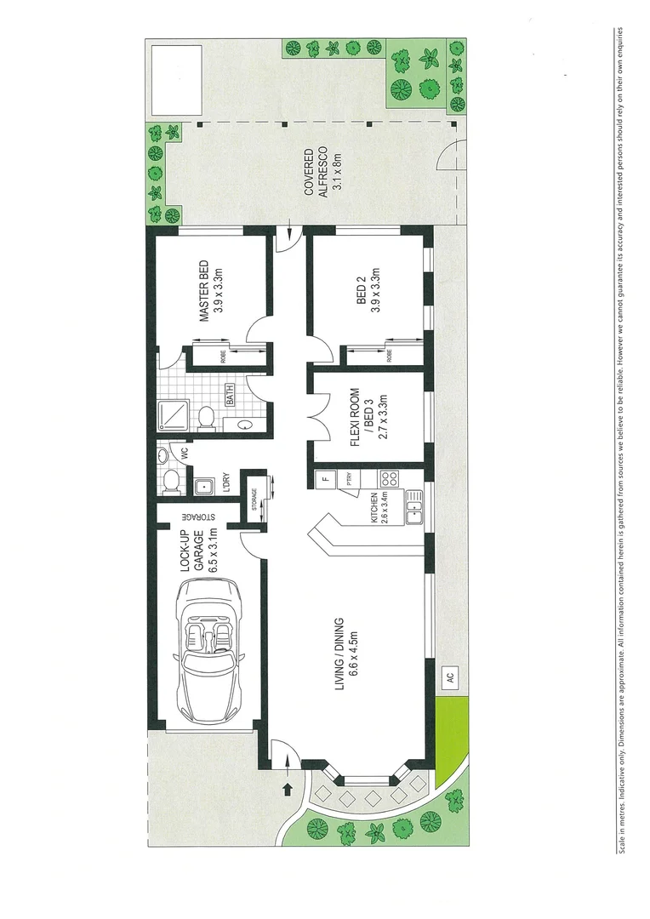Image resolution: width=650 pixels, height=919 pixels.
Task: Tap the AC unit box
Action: tap(449, 679)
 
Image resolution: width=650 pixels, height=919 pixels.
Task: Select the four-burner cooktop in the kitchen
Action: tap(391, 478)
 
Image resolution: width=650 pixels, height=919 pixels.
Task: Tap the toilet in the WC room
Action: tap(171, 483)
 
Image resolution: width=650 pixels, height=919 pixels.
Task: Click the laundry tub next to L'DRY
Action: tap(203, 488)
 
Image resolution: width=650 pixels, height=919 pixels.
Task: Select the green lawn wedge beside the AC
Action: tap(450, 738)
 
